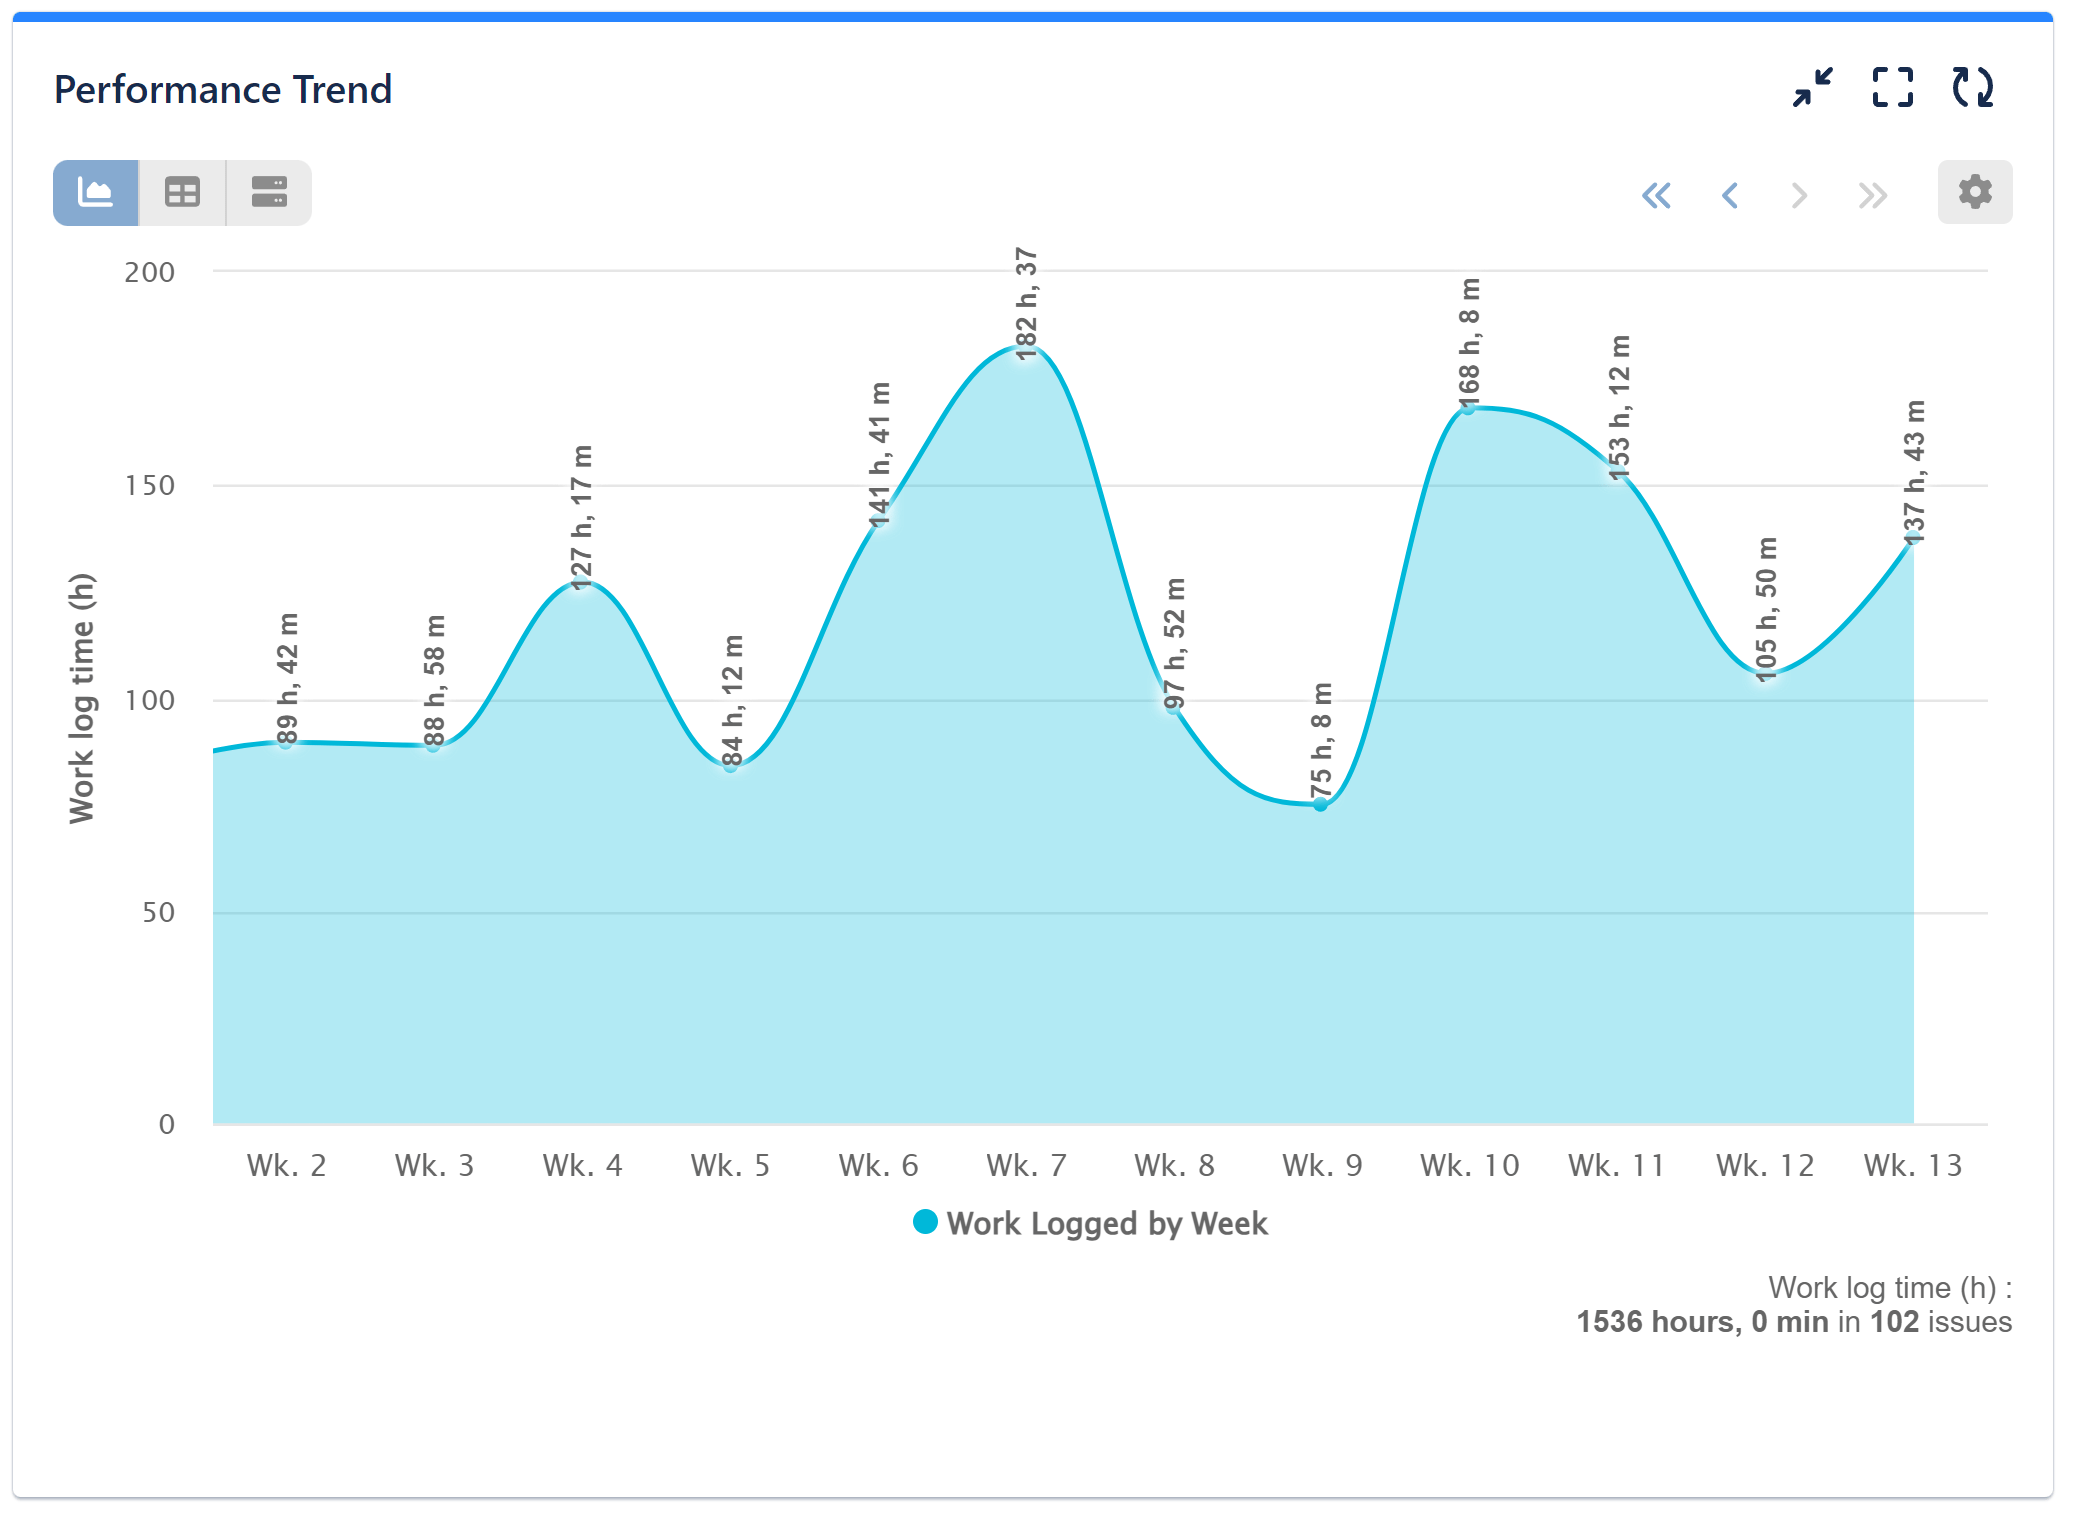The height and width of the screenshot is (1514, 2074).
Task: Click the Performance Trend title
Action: [222, 89]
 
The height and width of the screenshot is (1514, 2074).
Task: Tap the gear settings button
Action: [1974, 192]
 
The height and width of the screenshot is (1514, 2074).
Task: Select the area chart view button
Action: [96, 192]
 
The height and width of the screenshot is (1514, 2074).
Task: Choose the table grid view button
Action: [182, 192]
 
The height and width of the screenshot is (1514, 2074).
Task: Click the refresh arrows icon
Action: [1972, 87]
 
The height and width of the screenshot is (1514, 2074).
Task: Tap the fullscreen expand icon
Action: [1892, 87]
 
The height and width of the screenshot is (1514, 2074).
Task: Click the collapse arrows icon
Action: [1812, 87]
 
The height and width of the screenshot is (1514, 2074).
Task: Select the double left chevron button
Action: [1656, 195]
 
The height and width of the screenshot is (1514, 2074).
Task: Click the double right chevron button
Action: [1872, 195]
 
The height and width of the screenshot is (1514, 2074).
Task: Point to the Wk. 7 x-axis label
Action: [1026, 1165]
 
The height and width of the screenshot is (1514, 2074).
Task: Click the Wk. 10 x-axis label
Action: [1469, 1165]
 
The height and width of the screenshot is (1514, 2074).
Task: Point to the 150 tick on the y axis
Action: [149, 486]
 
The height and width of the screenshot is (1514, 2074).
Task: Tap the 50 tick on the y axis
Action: [158, 912]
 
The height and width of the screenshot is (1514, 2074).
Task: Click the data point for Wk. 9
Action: [1320, 804]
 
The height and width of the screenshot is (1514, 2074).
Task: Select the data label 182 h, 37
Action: [1027, 303]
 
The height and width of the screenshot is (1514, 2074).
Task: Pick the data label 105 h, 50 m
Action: [1767, 609]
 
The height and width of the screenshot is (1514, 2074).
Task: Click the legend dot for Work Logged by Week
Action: [925, 1222]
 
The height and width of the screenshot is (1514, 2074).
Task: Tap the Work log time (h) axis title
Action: [81, 698]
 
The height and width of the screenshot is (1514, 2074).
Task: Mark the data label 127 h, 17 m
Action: [582, 516]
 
